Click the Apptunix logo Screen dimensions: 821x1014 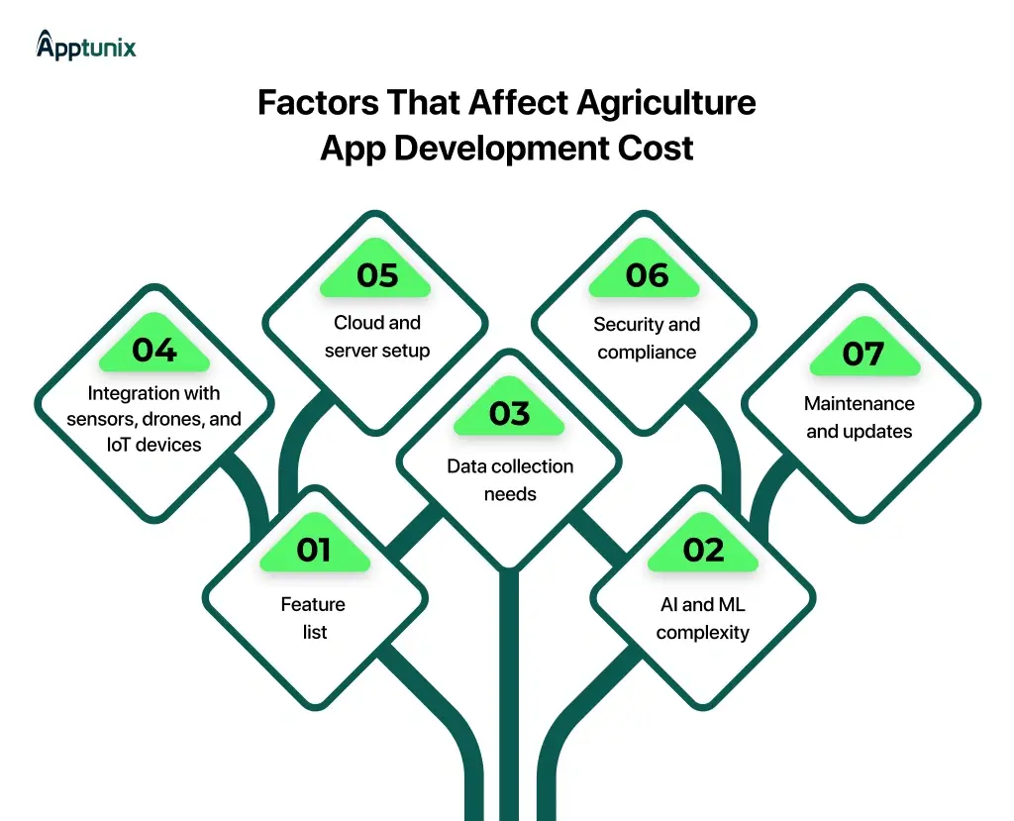[86, 46]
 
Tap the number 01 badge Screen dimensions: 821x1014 [314, 551]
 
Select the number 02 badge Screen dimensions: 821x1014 [703, 551]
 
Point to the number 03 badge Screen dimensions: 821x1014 [509, 414]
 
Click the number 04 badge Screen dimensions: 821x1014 [154, 351]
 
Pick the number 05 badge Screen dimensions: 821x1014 [377, 275]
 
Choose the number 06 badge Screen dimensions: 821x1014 [647, 275]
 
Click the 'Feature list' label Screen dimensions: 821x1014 [314, 618]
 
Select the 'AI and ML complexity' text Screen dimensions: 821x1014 [703, 618]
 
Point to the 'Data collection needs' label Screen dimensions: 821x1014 [509, 479]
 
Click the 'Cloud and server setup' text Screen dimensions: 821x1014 [377, 337]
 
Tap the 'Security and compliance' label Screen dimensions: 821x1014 [647, 338]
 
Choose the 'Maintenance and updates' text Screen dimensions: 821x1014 [860, 417]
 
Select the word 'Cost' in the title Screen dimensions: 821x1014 [652, 149]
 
